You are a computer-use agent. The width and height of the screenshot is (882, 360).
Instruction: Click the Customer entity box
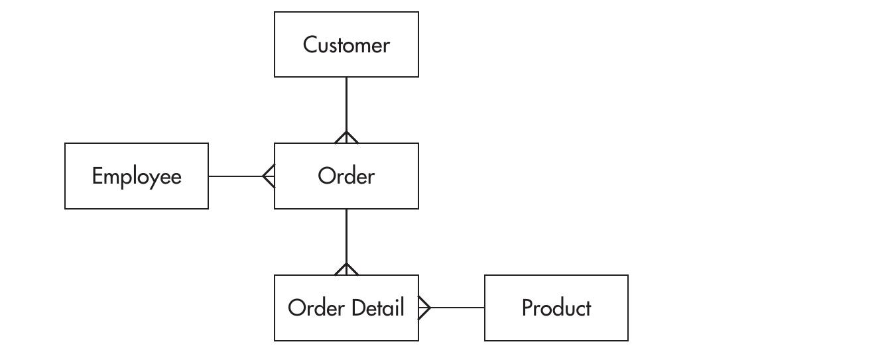pyautogui.click(x=346, y=44)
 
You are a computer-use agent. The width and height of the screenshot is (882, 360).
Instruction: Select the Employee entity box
pyautogui.click(x=137, y=176)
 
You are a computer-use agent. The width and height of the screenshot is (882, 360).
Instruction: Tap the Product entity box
pyautogui.click(x=556, y=308)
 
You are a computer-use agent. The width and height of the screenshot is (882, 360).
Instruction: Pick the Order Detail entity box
pyautogui.click(x=346, y=308)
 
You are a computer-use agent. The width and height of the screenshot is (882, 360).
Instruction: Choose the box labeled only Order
pyautogui.click(x=346, y=176)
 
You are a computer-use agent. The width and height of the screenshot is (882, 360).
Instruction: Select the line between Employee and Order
pyautogui.click(x=235, y=176)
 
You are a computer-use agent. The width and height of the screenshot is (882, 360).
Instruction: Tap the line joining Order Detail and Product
pyautogui.click(x=458, y=308)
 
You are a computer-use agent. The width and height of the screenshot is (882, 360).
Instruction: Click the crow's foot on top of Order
pyautogui.click(x=346, y=137)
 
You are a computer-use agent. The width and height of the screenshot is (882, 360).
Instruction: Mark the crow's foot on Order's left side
pyautogui.click(x=269, y=176)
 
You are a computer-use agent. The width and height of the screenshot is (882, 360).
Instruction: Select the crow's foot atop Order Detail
pyautogui.click(x=346, y=269)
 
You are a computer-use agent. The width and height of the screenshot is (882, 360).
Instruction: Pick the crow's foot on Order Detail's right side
pyautogui.click(x=424, y=308)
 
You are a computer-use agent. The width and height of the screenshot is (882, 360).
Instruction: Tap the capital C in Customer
pyautogui.click(x=310, y=44)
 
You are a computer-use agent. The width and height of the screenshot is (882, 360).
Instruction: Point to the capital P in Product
pyautogui.click(x=527, y=308)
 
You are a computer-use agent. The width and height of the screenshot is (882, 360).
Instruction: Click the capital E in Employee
pyautogui.click(x=97, y=176)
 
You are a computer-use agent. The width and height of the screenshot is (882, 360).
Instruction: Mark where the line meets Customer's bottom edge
pyautogui.click(x=346, y=78)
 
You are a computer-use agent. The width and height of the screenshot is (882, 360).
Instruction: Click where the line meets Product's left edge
pyautogui.click(x=485, y=308)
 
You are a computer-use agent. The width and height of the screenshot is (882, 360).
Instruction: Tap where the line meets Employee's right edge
pyautogui.click(x=208, y=176)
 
